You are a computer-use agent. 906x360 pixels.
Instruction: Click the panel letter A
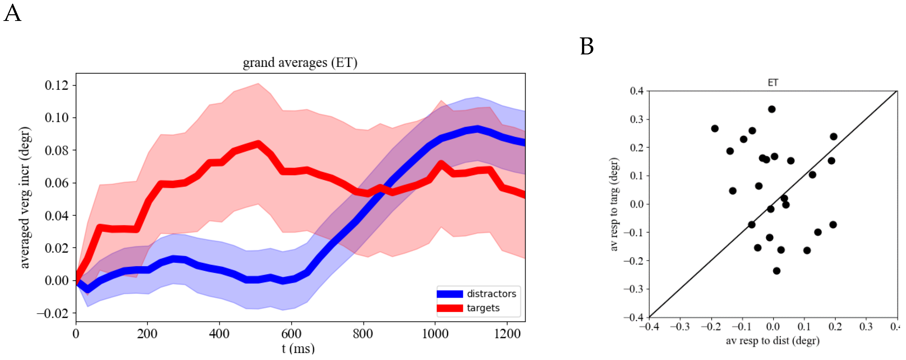(x=12, y=14)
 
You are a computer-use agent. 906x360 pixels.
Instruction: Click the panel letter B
(x=586, y=46)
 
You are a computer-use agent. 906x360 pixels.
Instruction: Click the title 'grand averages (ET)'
(x=300, y=63)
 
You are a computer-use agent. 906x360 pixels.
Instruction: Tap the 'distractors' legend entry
(x=491, y=294)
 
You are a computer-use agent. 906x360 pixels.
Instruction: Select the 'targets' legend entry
(x=483, y=308)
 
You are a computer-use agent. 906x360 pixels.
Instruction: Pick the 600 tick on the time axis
(x=291, y=333)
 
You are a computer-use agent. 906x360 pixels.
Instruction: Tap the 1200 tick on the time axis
(x=507, y=333)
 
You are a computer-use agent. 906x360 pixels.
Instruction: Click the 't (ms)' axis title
(x=298, y=349)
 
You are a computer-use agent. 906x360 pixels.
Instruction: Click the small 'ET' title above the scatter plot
(x=773, y=83)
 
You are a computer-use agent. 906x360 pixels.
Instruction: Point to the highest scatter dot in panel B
(x=772, y=109)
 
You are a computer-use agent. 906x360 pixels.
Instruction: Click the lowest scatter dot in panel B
(x=777, y=271)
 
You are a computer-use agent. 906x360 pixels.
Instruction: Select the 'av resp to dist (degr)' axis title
(x=773, y=341)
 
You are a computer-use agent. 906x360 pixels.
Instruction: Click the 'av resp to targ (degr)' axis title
(x=614, y=204)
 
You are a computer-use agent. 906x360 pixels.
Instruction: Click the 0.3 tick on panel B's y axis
(x=636, y=119)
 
